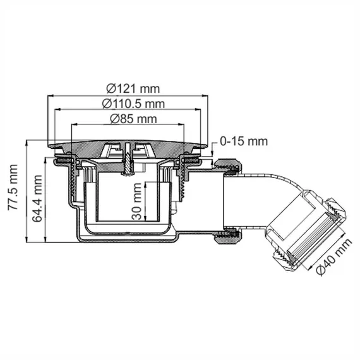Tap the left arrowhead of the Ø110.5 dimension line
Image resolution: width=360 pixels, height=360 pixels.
[x=59, y=109]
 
